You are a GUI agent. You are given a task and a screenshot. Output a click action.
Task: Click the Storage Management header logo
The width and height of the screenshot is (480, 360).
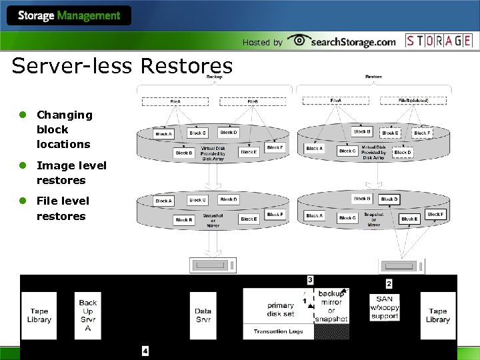[69, 16]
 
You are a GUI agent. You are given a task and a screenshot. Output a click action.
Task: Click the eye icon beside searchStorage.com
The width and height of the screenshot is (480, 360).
[298, 40]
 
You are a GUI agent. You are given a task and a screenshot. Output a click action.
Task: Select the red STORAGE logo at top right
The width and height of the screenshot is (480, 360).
[439, 41]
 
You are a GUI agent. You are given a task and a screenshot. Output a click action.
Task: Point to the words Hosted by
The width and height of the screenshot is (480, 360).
[262, 43]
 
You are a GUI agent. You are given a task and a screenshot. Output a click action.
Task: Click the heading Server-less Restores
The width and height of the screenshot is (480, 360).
[122, 66]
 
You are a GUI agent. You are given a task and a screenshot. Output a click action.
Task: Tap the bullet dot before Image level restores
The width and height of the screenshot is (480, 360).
[22, 165]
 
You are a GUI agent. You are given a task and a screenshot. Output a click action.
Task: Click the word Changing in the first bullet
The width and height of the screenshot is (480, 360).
[65, 115]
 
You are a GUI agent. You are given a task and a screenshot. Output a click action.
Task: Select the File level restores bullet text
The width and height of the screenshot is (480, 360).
[61, 208]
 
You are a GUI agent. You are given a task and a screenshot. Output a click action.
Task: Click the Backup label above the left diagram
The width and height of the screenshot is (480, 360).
[215, 77]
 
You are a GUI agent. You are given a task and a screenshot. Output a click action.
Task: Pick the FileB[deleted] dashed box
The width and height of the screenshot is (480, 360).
[413, 101]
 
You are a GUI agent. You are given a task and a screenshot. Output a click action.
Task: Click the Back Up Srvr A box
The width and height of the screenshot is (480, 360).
[88, 315]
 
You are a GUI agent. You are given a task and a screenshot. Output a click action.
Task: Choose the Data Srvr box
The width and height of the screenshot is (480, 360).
[203, 315]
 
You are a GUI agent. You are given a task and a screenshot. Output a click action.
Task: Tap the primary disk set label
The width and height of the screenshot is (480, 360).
[281, 310]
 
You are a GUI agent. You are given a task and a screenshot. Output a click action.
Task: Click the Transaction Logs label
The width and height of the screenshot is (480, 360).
[278, 331]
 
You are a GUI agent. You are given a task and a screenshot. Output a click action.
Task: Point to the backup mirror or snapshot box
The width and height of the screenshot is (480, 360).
[331, 306]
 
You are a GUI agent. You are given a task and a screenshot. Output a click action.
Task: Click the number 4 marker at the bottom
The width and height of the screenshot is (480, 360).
[145, 351]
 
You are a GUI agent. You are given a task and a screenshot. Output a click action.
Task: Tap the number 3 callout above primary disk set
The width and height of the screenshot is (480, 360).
[310, 279]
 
